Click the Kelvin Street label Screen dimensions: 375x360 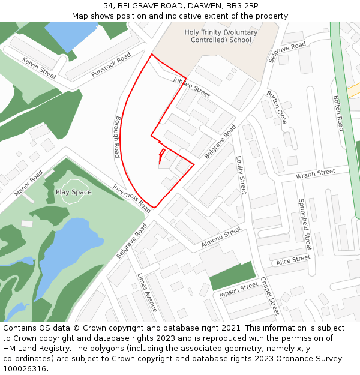39,68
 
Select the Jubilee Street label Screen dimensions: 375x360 191,87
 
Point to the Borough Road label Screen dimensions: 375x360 118,137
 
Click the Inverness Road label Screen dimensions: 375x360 132,199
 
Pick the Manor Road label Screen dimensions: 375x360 28,183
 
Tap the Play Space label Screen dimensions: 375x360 74,192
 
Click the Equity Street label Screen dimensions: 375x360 241,176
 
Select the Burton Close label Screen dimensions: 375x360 277,107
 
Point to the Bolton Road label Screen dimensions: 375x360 338,113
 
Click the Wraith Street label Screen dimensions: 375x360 316,174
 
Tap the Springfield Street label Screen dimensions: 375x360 305,224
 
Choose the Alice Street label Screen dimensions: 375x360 293,260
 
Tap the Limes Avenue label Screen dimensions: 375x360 146,292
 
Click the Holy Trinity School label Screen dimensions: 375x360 220,36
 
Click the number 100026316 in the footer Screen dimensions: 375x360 25,368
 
